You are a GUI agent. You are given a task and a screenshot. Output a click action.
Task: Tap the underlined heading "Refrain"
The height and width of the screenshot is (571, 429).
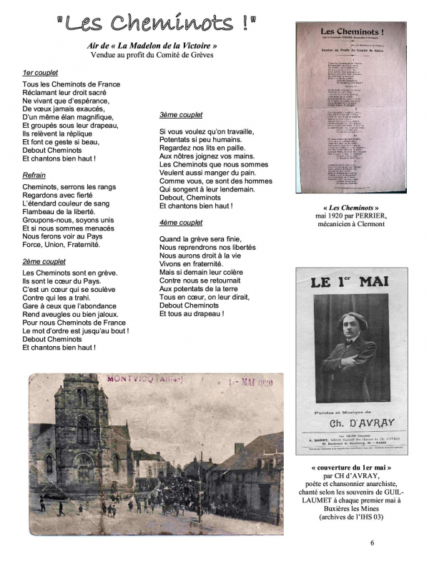click(34, 175)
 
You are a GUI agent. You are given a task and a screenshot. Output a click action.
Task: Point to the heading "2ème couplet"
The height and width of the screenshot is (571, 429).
click(44, 262)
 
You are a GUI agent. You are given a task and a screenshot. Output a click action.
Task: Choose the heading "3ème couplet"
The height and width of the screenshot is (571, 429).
click(180, 115)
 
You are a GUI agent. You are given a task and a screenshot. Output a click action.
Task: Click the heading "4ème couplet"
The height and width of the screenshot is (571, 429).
click(181, 223)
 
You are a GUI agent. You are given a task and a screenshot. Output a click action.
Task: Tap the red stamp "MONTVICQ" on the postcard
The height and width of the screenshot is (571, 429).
click(133, 380)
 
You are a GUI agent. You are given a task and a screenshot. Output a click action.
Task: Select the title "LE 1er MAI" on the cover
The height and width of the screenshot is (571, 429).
click(350, 281)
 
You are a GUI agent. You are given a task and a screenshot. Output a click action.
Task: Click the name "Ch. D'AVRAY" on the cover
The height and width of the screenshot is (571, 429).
click(350, 423)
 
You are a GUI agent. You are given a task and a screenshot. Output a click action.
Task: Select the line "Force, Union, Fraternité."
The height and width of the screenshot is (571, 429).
click(61, 244)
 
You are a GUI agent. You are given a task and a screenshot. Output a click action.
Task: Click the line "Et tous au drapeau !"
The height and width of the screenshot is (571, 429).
click(192, 313)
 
